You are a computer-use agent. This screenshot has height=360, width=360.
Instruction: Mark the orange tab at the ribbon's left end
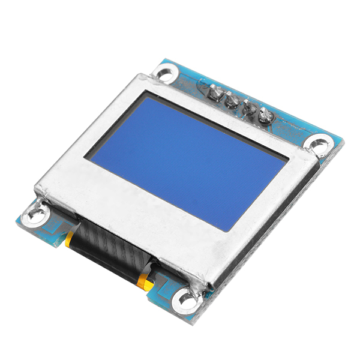71,239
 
